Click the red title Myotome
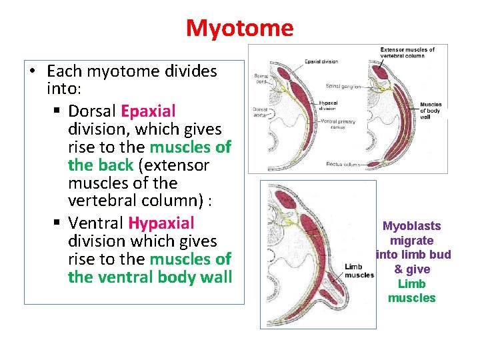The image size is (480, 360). point(239,28)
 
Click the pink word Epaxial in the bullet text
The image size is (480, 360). point(147,111)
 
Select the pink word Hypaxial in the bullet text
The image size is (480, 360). point(161,223)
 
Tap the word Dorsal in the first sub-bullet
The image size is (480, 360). point(92,111)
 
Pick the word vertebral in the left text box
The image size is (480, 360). point(105,201)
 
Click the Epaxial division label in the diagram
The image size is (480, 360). point(321,61)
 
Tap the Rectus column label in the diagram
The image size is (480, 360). point(344,164)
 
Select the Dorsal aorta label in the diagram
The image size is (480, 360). point(259,112)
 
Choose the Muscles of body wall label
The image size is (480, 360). point(431,111)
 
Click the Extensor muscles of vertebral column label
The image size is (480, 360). point(407,52)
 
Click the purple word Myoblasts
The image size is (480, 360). point(411,226)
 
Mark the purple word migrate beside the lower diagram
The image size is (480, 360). point(411,240)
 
